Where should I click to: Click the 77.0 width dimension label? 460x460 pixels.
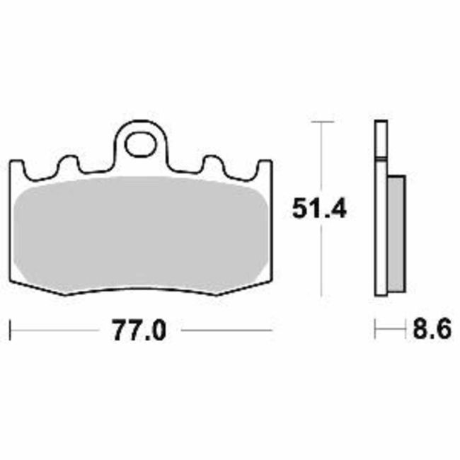pos(139,330)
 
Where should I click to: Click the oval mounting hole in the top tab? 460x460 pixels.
pos(140,144)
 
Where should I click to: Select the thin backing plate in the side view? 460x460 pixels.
pos(380,212)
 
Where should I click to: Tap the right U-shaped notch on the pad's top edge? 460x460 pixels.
pos(212,164)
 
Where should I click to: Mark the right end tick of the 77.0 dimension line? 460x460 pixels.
pos(272,330)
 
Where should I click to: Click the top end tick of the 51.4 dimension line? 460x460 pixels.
pos(322,122)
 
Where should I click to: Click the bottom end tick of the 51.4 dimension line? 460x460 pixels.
pos(322,296)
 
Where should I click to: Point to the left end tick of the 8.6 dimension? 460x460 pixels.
pos(376,330)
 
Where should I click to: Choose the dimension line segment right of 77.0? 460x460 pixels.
pos(226,330)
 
